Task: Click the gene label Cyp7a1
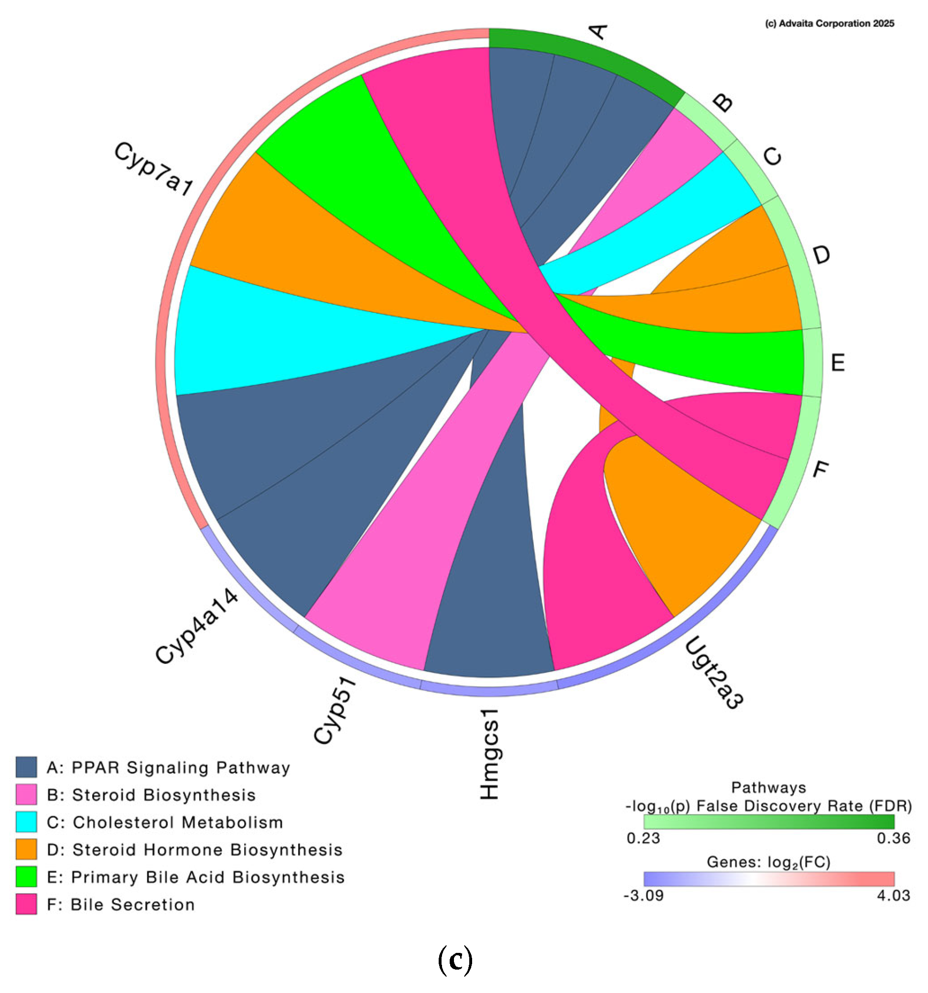[153, 168]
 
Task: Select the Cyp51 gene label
[335, 710]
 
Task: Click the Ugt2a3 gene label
[713, 673]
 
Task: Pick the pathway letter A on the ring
[598, 32]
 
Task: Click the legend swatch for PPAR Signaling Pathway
[26, 767]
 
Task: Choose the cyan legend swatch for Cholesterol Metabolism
[26, 822]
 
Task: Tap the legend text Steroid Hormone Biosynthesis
[207, 850]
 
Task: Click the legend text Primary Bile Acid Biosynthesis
[208, 877]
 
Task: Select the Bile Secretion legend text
[132, 905]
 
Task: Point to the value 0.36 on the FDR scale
[893, 838]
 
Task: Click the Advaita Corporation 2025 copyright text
[829, 23]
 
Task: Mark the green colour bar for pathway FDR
[768, 822]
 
